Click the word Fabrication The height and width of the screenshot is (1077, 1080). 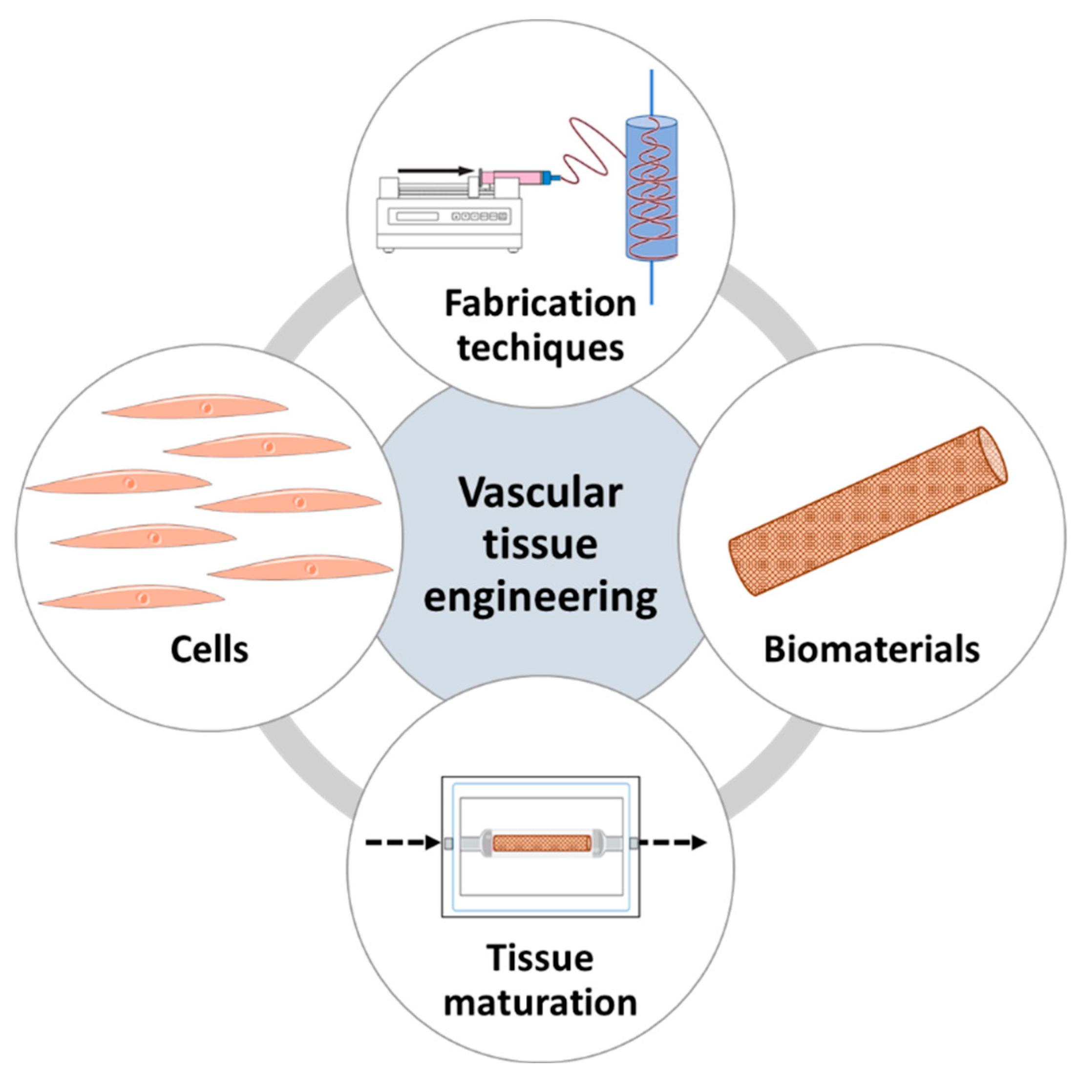(x=540, y=303)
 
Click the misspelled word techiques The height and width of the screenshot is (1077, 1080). (x=540, y=349)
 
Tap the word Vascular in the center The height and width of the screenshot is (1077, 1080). (x=540, y=493)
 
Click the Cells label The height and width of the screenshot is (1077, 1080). (x=209, y=650)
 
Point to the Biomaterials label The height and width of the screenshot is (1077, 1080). (x=871, y=650)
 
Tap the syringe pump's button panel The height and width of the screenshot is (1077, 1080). (x=480, y=216)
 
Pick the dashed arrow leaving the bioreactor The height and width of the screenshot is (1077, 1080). (x=674, y=842)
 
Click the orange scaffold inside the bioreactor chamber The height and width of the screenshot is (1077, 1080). (x=541, y=842)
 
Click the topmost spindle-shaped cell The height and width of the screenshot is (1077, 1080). (x=196, y=407)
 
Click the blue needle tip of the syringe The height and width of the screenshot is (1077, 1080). (x=554, y=178)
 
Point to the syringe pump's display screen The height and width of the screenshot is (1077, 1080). (x=414, y=216)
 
